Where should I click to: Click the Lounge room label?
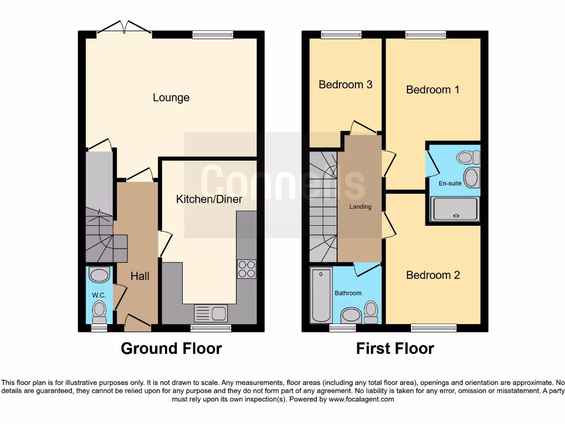(x=171, y=98)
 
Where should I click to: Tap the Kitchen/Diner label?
(x=209, y=199)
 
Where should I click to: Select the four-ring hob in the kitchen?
(x=247, y=268)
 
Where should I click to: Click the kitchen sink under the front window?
(x=211, y=313)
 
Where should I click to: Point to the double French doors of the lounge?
(x=125, y=27)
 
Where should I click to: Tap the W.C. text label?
(x=99, y=295)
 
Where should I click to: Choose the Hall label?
(x=140, y=275)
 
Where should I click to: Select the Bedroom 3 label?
(x=345, y=84)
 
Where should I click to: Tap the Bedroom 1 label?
(x=433, y=89)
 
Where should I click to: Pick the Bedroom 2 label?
(x=433, y=275)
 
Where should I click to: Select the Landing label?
(x=360, y=207)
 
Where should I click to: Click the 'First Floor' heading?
(x=395, y=348)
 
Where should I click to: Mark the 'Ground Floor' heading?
(x=171, y=348)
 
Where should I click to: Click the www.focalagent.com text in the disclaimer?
(x=361, y=399)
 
